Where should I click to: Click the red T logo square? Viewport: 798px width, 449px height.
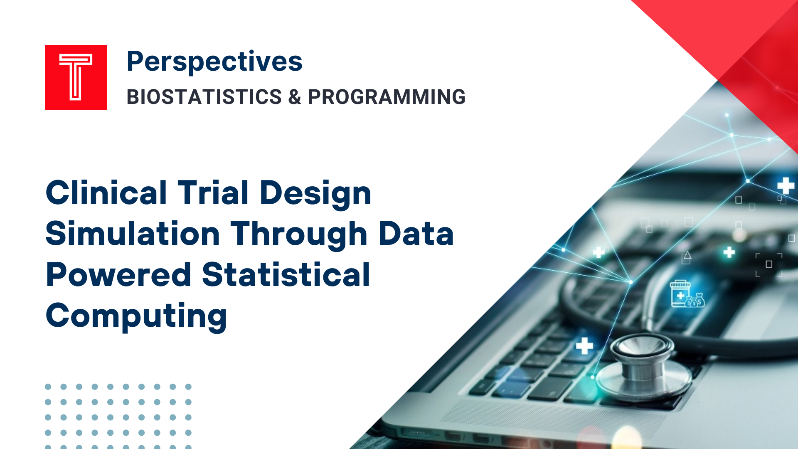tap(76, 77)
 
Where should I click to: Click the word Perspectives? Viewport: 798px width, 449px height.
tap(214, 62)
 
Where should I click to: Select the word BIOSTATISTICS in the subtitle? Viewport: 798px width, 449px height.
tap(204, 97)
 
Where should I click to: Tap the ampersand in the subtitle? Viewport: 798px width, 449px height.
tap(294, 97)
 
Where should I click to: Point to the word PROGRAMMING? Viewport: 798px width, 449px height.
tap(387, 97)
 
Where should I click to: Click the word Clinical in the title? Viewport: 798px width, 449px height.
tap(106, 193)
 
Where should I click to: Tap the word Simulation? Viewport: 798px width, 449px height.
tap(133, 234)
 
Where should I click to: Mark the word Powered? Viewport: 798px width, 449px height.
tap(118, 275)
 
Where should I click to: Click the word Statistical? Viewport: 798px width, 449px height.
tap(286, 275)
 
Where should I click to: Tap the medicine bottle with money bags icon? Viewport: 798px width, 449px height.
tap(687, 294)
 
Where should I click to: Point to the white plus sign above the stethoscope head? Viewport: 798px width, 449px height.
tap(584, 345)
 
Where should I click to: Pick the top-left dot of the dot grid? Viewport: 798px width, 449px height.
tap(48, 387)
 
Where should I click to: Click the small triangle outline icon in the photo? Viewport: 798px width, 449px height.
tap(687, 255)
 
